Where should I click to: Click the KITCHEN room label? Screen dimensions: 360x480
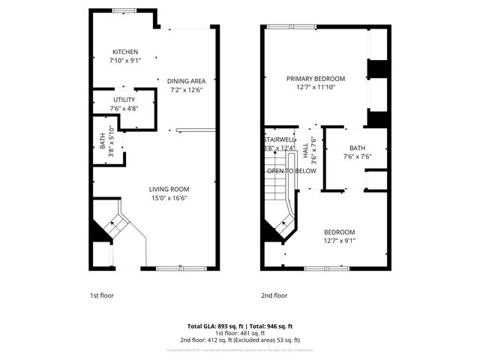point(125,52)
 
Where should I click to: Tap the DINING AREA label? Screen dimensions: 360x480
point(187,81)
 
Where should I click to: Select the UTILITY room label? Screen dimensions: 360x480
point(124,100)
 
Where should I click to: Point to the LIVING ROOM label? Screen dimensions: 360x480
point(169,189)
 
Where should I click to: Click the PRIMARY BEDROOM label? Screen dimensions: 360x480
point(315,79)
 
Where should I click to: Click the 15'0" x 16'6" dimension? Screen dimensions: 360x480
point(169,198)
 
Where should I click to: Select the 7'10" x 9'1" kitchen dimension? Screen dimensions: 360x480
point(125,61)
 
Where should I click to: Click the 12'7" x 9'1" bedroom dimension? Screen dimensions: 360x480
point(339,241)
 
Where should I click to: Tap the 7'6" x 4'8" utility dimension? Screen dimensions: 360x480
point(124,109)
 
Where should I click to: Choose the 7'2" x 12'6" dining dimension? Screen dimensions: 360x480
point(187,90)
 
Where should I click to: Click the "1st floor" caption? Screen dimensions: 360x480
point(101,295)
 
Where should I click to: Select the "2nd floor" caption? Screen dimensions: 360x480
point(274,295)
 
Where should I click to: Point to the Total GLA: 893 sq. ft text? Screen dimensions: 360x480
point(214,326)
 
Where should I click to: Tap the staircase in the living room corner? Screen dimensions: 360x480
point(115,224)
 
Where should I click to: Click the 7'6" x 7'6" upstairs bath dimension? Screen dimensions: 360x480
point(358,157)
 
